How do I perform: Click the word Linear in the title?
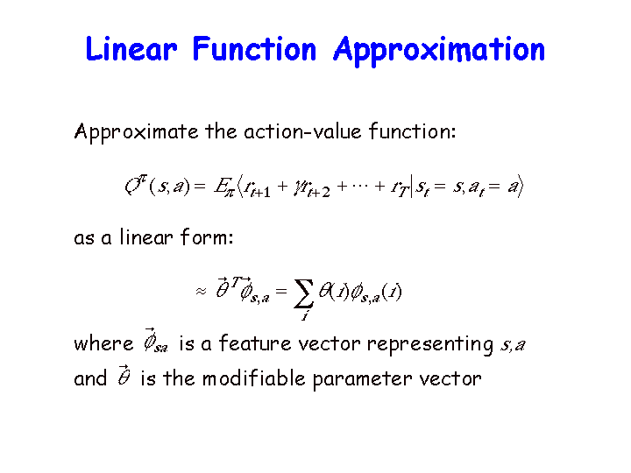tap(131, 49)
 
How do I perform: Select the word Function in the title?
tap(254, 49)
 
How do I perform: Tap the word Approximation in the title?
tap(439, 51)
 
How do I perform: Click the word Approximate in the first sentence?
tap(136, 132)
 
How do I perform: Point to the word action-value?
tap(302, 131)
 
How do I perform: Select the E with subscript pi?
tap(223, 187)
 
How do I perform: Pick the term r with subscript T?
tap(400, 187)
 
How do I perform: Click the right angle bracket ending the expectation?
tap(520, 186)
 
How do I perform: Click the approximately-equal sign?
tap(201, 291)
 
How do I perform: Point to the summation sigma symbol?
tap(304, 293)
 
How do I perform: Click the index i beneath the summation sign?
tap(305, 315)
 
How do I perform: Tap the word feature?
tap(255, 343)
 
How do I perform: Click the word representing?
tap(430, 345)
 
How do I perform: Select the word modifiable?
tap(254, 378)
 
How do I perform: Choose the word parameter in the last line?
tap(362, 379)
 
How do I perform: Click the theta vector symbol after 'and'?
tap(124, 375)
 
